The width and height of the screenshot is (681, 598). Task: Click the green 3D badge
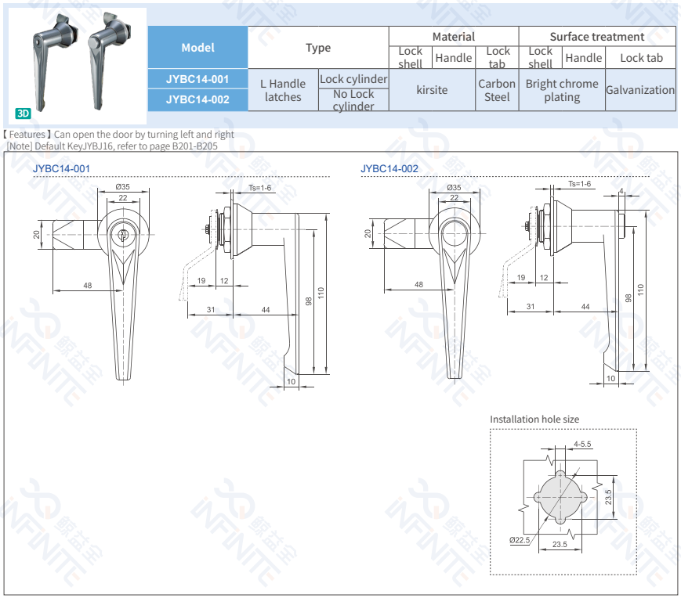click(x=24, y=113)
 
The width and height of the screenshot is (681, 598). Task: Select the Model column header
click(x=197, y=48)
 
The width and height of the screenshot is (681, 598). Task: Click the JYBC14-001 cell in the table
click(x=197, y=79)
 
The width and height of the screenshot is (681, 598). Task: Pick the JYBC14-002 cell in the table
click(x=197, y=99)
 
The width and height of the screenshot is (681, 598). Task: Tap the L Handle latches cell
click(x=283, y=90)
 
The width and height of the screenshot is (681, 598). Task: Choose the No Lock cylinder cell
click(x=353, y=100)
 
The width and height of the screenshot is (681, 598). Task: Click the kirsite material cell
click(x=432, y=90)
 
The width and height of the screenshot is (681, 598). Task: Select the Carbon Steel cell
click(x=497, y=90)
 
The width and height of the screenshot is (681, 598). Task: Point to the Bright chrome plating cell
click(x=562, y=90)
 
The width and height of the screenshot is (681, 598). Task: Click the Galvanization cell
click(x=639, y=90)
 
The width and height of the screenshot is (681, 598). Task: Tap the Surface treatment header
click(x=596, y=37)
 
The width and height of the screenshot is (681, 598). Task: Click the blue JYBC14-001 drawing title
click(x=61, y=169)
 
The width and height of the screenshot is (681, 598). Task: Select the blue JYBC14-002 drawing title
click(x=389, y=169)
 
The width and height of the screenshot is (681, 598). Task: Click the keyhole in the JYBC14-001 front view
click(x=123, y=234)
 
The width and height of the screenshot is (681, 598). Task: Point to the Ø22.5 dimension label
click(x=519, y=540)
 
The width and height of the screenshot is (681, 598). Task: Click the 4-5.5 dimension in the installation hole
click(x=582, y=444)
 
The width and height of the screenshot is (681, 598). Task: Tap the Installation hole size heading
click(x=534, y=420)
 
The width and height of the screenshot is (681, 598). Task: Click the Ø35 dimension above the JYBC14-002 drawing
click(x=454, y=188)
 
